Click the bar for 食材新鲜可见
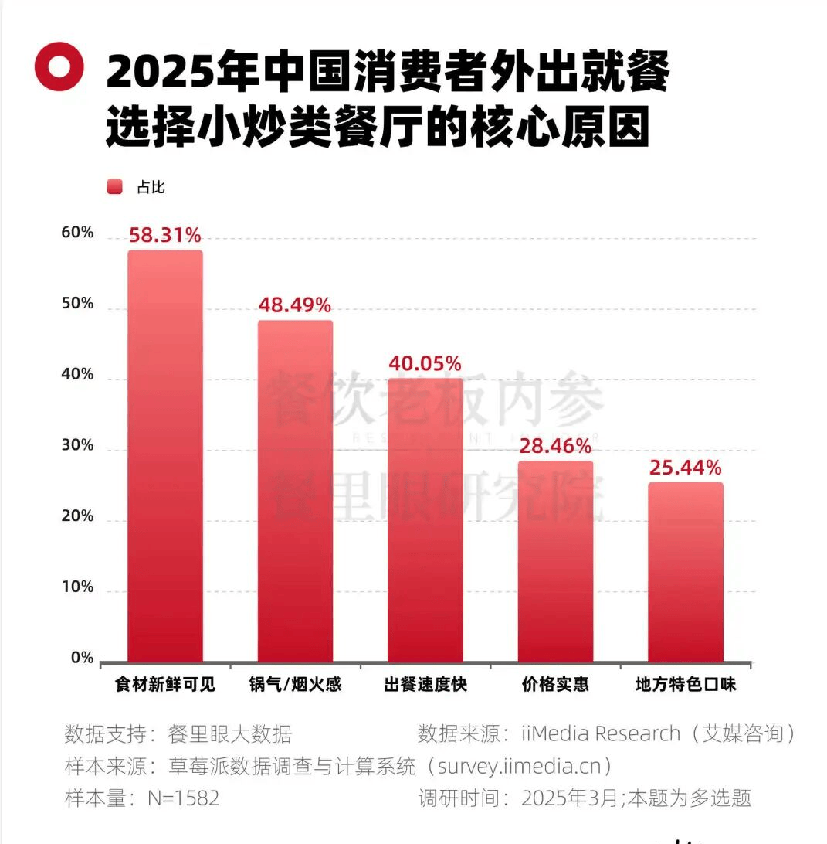click(165, 456)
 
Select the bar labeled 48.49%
click(295, 491)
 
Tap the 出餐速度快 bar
click(425, 519)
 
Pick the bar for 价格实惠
click(555, 561)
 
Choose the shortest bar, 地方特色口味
click(685, 572)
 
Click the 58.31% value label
click(165, 236)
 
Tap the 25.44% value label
click(685, 468)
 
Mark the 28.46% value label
click(555, 446)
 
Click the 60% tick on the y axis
click(77, 233)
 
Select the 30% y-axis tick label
click(77, 446)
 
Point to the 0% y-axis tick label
click(82, 659)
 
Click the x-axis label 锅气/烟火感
click(295, 685)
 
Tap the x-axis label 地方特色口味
click(685, 685)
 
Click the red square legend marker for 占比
click(114, 187)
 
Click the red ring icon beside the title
click(59, 68)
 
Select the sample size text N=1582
click(183, 798)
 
